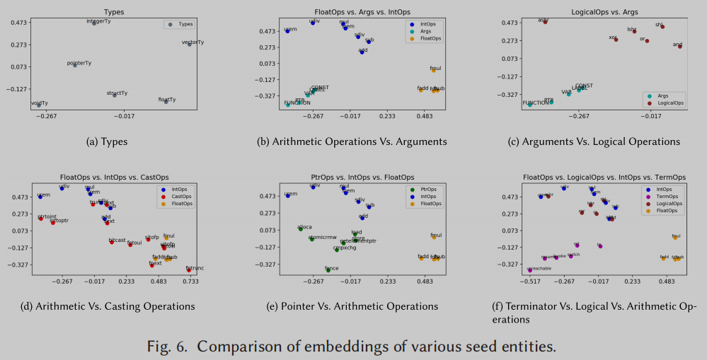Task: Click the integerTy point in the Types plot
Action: coord(95,23)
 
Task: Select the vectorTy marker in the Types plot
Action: coord(189,45)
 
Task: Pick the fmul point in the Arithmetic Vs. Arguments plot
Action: coord(434,70)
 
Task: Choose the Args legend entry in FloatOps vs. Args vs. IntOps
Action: coord(425,31)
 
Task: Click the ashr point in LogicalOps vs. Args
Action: coord(545,23)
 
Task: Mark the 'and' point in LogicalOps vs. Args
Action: coord(679,46)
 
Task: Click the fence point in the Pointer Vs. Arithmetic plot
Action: coord(328,269)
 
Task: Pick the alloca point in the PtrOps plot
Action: coord(301,229)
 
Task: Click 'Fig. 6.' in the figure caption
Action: coord(167,347)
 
